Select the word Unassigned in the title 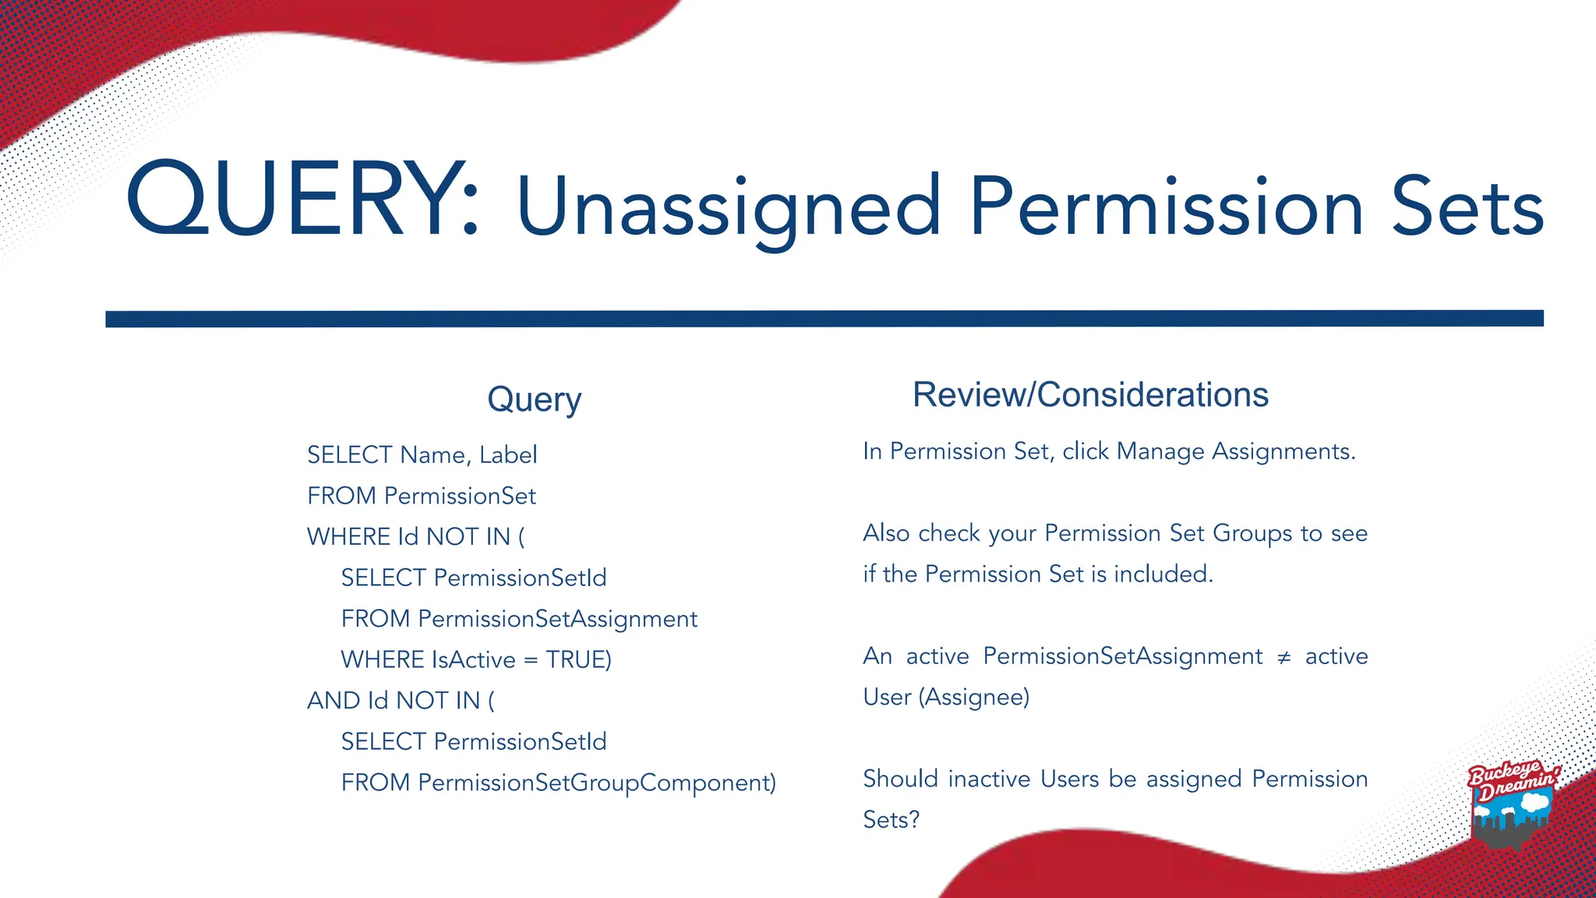pos(729,207)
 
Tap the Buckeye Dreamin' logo pos(1513,803)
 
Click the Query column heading pos(535,399)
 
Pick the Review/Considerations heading pos(1090,394)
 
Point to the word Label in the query pos(508,454)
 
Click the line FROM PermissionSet pos(422,496)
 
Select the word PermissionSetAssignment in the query pos(557,619)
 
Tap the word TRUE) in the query pos(578,659)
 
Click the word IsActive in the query pos(473,659)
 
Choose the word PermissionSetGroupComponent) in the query pos(597,783)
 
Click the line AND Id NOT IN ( pos(401,701)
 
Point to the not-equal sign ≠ pos(1284,657)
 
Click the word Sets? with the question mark pos(892,819)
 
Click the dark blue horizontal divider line pos(824,319)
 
